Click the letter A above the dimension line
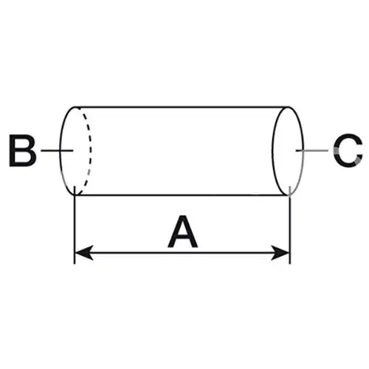(182, 232)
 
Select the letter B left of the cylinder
(22, 151)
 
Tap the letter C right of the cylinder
(348, 151)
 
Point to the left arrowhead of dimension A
(83, 252)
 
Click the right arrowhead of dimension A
(280, 252)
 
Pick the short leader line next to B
(57, 151)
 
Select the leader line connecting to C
(312, 151)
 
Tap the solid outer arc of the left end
(61, 151)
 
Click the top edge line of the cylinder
(182, 107)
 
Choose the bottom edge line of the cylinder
(182, 195)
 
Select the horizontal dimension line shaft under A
(182, 252)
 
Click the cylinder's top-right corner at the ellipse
(289, 107)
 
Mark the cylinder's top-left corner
(75, 107)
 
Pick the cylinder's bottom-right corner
(289, 195)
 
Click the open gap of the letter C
(359, 151)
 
